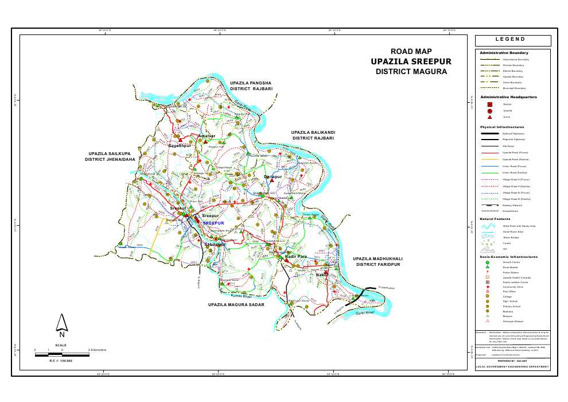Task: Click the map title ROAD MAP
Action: click(411, 52)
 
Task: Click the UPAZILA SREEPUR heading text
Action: click(411, 61)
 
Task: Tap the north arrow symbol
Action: click(61, 326)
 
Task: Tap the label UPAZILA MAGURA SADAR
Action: click(236, 304)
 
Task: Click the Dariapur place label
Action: click(273, 177)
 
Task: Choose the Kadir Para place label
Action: click(297, 256)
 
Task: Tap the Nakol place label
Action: click(322, 276)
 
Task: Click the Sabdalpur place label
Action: click(216, 245)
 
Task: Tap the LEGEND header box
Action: click(513, 40)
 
